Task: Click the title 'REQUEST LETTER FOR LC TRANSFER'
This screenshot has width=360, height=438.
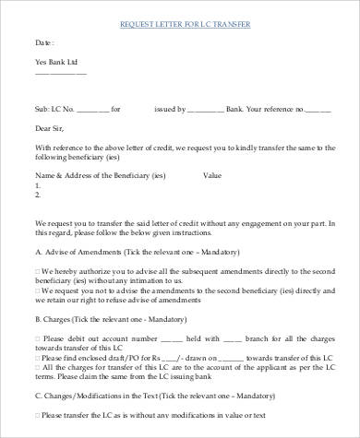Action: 185,21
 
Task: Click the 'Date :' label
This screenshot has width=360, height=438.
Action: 44,42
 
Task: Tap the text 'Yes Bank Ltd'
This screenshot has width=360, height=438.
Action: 58,64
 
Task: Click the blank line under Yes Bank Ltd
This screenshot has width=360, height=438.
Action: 61,75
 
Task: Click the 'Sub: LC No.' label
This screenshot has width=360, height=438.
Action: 55,108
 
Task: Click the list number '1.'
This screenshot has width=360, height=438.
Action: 38,184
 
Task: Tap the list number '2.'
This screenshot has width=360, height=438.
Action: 38,195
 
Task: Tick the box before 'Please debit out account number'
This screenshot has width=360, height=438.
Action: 38,339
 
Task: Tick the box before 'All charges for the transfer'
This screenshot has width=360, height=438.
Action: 38,370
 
